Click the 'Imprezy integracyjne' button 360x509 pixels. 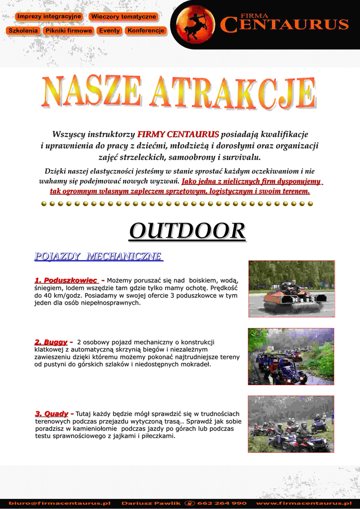[x=48, y=16]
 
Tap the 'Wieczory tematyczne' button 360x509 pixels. [x=123, y=16]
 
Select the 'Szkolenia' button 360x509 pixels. [x=23, y=30]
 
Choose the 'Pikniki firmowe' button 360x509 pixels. [x=68, y=30]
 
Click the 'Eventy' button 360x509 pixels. [x=109, y=30]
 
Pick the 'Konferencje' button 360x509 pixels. [x=145, y=30]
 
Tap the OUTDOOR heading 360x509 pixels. [x=187, y=231]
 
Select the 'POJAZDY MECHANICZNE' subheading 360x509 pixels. [x=98, y=256]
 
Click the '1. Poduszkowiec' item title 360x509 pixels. [x=66, y=281]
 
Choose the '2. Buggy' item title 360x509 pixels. [x=51, y=342]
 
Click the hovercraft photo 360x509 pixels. [x=291, y=288]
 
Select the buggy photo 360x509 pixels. [x=291, y=356]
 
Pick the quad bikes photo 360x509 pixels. [x=291, y=424]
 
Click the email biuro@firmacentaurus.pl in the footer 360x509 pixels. [x=59, y=503]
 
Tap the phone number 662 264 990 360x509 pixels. [x=222, y=503]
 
